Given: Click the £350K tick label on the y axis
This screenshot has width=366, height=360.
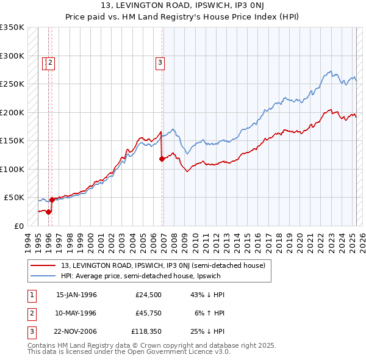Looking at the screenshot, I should pyautogui.click(x=12, y=27).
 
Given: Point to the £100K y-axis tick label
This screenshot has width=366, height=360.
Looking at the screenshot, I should pyautogui.click(x=12, y=169).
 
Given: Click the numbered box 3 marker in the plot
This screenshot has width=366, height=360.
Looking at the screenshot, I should pyautogui.click(x=160, y=61).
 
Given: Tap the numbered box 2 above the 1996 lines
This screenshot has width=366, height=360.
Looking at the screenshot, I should pyautogui.click(x=51, y=61).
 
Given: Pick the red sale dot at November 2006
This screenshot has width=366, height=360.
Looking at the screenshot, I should pyautogui.click(x=162, y=159).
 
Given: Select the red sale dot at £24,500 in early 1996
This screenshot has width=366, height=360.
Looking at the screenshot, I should pyautogui.click(x=48, y=212).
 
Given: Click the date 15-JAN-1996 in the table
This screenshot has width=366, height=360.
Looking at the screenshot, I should pyautogui.click(x=76, y=295).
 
